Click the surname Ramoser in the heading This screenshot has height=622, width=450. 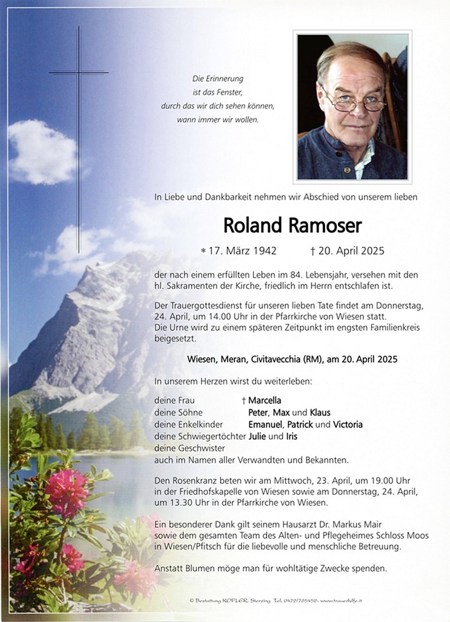pos(325,226)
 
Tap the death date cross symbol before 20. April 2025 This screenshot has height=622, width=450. pos(313,251)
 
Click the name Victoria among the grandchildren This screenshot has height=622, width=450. pos(348,424)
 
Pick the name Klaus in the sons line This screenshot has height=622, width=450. pos(320,412)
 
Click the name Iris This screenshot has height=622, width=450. pos(291,436)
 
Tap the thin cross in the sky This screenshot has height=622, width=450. pos(78,137)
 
